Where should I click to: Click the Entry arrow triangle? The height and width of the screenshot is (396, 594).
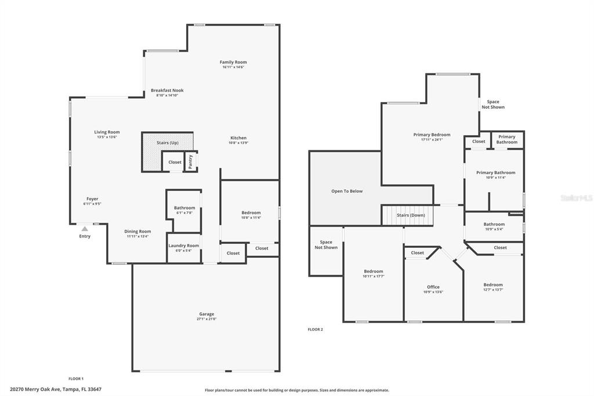(x=85, y=229)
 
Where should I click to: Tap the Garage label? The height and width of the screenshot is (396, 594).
(x=207, y=314)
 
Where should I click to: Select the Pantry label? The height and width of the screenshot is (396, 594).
(x=190, y=161)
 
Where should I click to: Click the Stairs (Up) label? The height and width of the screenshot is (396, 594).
(x=168, y=143)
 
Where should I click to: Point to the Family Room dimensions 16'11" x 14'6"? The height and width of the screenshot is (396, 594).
(x=233, y=67)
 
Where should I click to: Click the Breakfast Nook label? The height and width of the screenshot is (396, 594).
(x=167, y=90)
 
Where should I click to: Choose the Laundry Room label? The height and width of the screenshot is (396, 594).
(x=184, y=246)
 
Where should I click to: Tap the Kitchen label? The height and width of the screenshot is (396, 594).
(x=238, y=138)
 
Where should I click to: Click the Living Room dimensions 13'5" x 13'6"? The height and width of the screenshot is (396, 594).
(x=107, y=137)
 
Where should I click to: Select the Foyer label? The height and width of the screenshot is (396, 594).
(x=92, y=199)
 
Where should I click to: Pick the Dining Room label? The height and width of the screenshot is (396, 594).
(x=137, y=231)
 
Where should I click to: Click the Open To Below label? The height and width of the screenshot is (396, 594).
(x=347, y=191)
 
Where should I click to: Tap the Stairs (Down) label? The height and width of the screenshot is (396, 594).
(x=411, y=215)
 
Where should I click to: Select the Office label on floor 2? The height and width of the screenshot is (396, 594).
(x=433, y=287)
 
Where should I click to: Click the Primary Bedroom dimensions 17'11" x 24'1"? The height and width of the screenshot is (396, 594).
(x=432, y=139)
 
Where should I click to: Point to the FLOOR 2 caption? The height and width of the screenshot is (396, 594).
(x=315, y=330)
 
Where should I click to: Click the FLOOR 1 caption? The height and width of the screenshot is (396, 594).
(x=76, y=379)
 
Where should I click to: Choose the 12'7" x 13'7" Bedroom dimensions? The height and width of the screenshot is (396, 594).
(x=493, y=290)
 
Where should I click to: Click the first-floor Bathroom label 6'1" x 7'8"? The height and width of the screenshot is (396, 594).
(x=184, y=208)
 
